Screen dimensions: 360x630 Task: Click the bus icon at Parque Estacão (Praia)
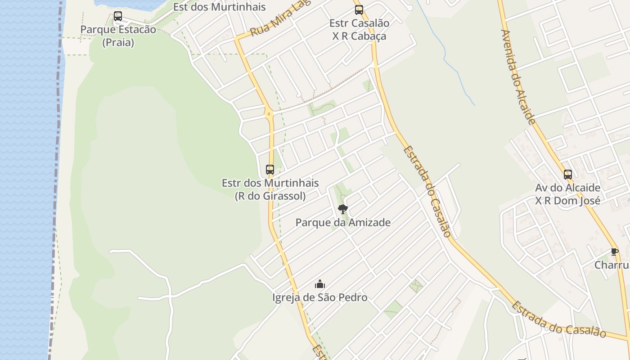point(118,16)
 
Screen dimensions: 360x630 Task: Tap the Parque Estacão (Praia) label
point(118,36)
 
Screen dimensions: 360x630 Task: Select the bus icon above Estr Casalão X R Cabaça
point(359,10)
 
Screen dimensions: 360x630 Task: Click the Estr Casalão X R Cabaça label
point(359,30)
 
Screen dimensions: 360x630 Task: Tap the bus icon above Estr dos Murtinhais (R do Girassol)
point(270,170)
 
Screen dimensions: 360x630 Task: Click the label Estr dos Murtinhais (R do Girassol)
point(270,189)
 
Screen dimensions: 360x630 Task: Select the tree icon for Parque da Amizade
point(343,209)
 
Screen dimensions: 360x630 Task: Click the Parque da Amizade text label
point(343,222)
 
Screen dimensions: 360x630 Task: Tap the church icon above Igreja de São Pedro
point(320,284)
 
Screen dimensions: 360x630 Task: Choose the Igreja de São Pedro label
point(320,297)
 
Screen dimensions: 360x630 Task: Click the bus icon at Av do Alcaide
point(568,174)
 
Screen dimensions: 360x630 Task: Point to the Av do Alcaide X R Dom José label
point(568,194)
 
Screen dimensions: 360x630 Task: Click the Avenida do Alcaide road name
point(518,76)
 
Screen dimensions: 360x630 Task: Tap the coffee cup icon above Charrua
point(615,252)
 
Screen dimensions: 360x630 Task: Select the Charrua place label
point(612,265)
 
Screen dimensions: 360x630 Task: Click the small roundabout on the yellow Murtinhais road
point(270,114)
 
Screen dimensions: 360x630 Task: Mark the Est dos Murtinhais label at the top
point(219,7)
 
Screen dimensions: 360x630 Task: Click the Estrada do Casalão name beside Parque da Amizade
point(427,191)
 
